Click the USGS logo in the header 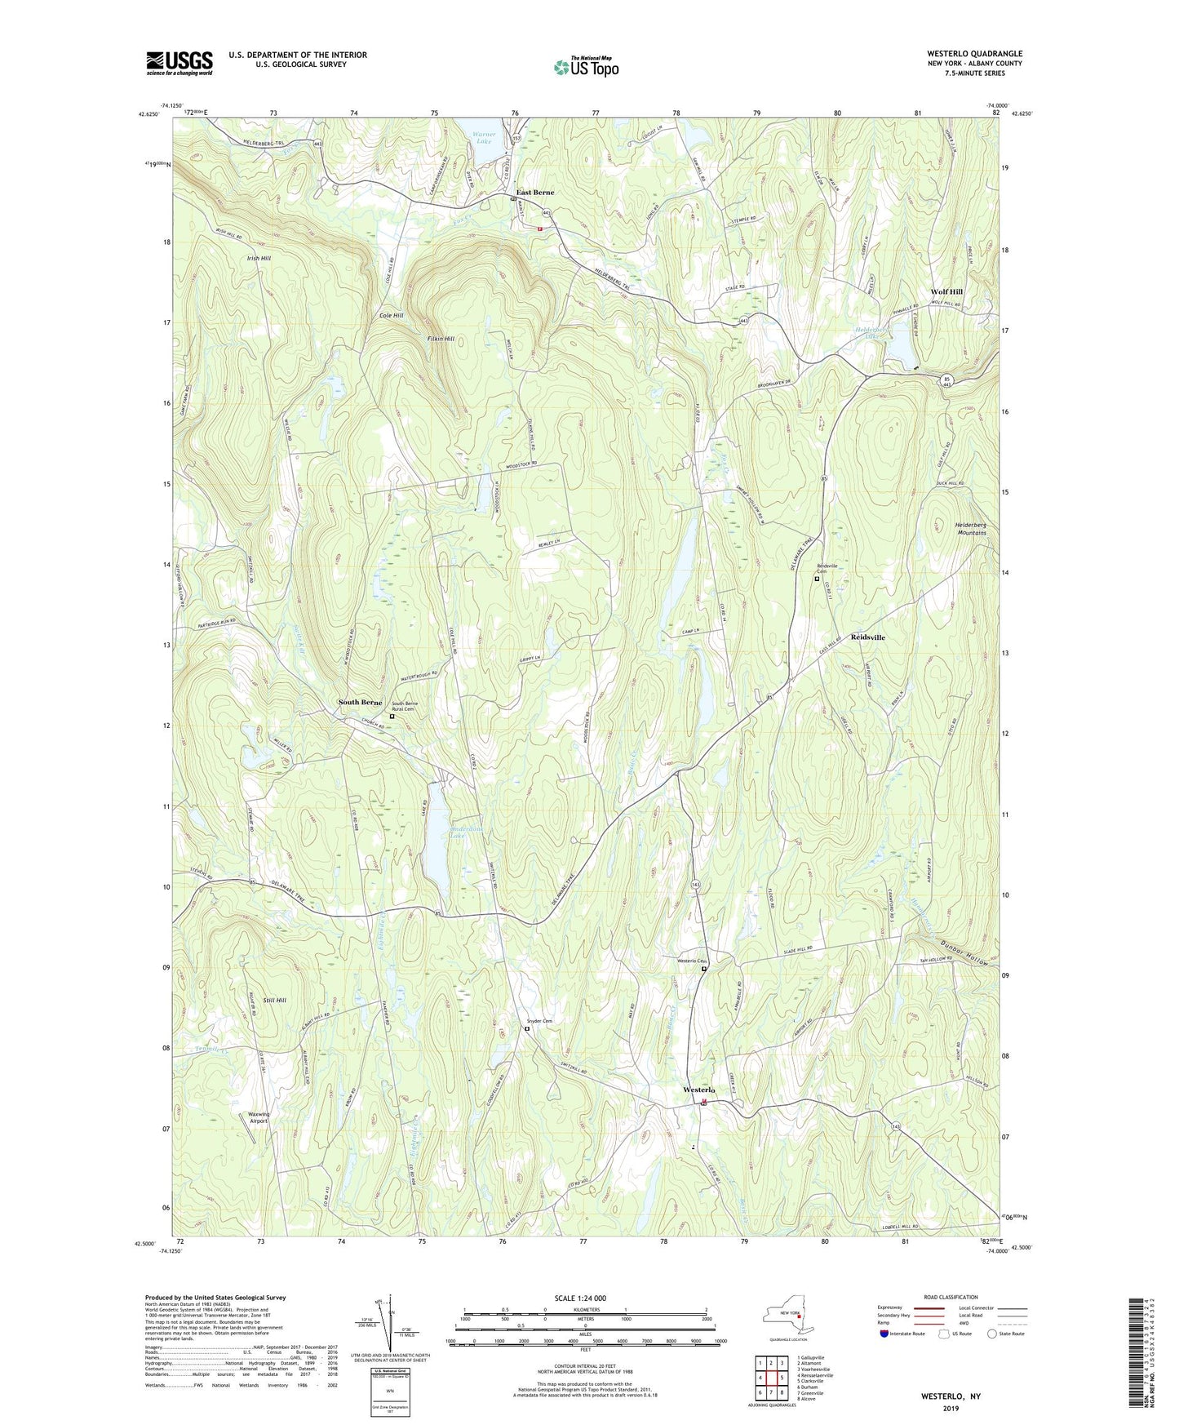pos(179,63)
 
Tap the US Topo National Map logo pos(585,66)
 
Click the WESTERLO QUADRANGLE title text pos(964,54)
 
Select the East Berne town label pos(535,193)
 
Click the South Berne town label pos(360,703)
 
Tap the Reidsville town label pos(867,637)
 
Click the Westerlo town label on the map pos(699,1090)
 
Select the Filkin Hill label pos(441,339)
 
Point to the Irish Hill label pos(259,258)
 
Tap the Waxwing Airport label pos(253,1117)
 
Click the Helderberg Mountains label pos(970,528)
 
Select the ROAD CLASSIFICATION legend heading pos(951,1297)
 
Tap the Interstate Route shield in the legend pos(884,1334)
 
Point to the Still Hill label pos(275,1000)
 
